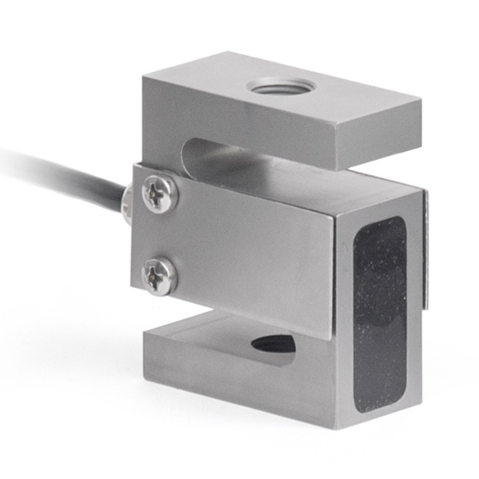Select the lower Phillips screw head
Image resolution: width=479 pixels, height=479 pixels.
[x=159, y=276]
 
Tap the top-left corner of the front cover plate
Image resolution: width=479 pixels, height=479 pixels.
[x=134, y=165]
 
